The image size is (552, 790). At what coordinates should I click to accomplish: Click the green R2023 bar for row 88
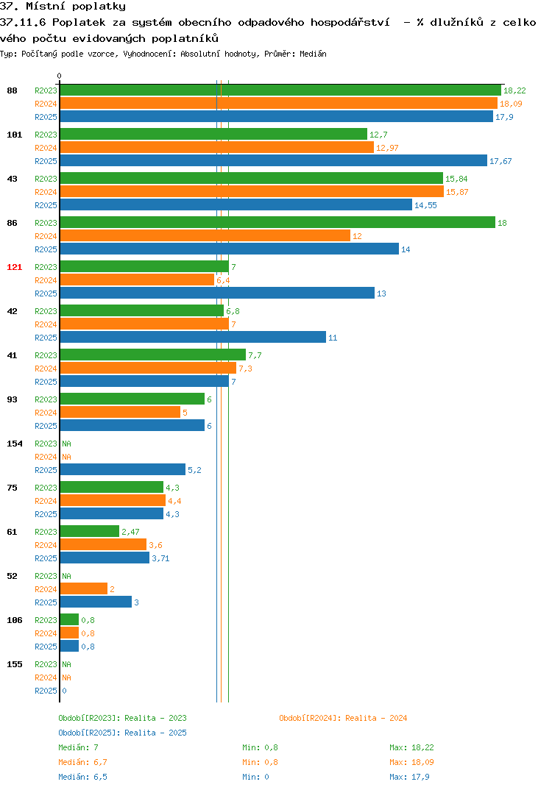pos(281,90)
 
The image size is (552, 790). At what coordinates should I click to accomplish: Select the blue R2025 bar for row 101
pos(274,160)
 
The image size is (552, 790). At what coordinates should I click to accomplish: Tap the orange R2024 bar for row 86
pos(205,236)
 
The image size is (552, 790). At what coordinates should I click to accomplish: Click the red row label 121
pos(15,267)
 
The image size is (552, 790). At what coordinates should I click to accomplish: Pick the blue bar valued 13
pos(217,293)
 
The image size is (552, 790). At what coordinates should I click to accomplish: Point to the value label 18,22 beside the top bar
pos(514,90)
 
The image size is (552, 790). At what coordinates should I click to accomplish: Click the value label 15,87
pos(457,192)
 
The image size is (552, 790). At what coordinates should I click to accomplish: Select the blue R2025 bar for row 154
pos(123,469)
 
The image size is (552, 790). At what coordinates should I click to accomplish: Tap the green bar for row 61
pos(90,532)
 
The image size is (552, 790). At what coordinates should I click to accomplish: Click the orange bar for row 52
pos(84,589)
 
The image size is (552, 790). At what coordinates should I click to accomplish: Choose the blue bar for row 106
pos(70,647)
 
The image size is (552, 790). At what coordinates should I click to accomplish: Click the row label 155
pos(15,664)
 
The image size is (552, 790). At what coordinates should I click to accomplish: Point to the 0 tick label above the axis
pos(59,76)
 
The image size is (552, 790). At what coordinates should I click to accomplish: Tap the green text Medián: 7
pos(78,747)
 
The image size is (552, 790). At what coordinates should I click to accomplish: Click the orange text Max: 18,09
pos(411,762)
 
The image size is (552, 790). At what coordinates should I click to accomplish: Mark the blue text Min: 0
pos(255,777)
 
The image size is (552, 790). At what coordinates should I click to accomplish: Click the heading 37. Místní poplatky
pos(63,7)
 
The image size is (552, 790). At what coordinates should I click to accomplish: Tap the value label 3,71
pos(160,558)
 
